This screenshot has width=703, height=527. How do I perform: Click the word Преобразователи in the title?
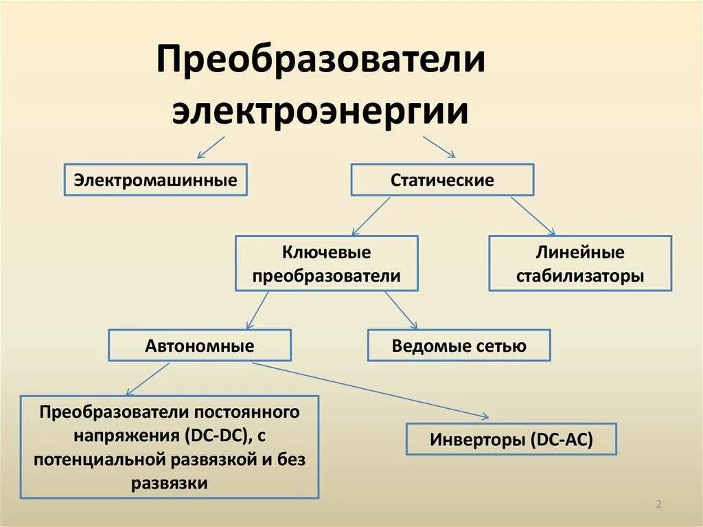tap(321, 61)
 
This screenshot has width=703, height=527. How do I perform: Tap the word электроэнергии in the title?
tap(321, 111)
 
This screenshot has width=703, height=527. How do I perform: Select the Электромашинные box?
tap(155, 180)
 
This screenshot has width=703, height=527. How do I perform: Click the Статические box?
tap(442, 180)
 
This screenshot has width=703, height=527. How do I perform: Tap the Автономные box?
tap(200, 346)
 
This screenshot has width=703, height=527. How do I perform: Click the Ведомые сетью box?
tap(459, 346)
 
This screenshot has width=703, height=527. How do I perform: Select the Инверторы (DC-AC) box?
tap(511, 439)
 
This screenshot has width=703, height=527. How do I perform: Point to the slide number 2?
tap(658, 505)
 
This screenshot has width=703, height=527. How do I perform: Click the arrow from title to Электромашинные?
tap(211, 147)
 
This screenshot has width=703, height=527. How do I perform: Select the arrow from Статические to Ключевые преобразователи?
tap(371, 216)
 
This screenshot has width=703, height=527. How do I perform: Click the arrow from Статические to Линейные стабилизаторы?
tap(533, 216)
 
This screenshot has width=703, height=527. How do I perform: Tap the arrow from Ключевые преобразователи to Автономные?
tap(257, 310)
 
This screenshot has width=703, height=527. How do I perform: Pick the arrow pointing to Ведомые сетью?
tap(401, 310)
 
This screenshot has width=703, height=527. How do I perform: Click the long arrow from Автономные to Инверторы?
tap(371, 390)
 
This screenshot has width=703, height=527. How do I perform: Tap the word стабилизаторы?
tap(580, 277)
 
